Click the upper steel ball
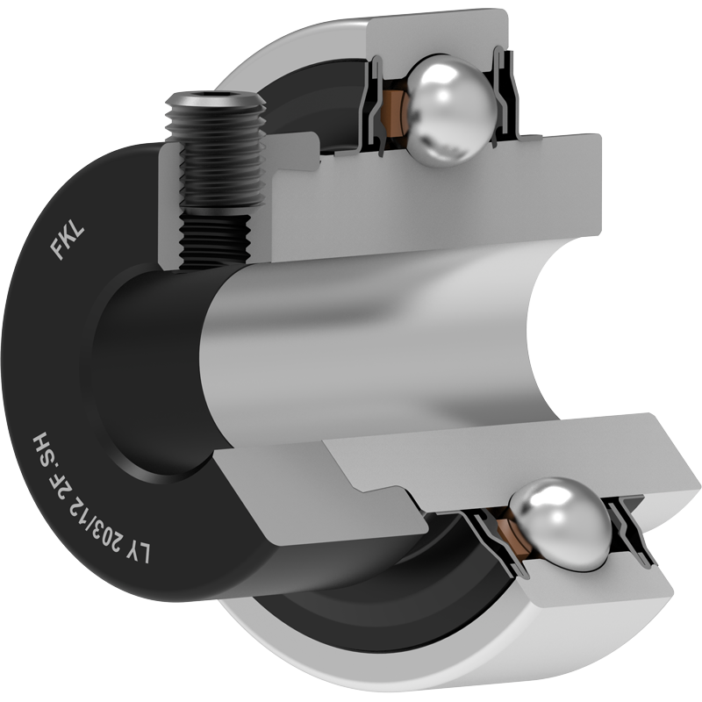pyautogui.click(x=451, y=111)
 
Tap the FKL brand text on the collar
pyautogui.click(x=68, y=243)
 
